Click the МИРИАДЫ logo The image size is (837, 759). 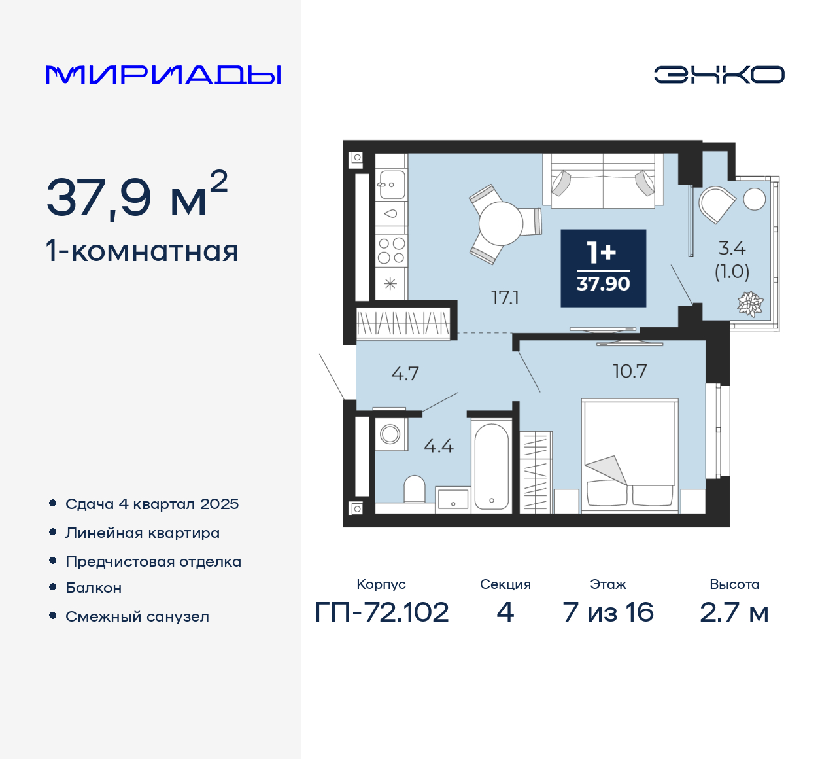point(163,75)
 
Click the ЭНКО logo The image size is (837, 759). point(719,75)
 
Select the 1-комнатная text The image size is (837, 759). point(142,251)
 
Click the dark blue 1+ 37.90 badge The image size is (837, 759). point(603,268)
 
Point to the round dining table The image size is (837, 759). point(501,224)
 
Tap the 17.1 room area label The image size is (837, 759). point(505,298)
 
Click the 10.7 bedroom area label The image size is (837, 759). point(630,372)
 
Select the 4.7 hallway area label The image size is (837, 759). point(405,374)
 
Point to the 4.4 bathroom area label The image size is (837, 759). point(438,446)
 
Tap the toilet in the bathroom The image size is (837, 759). point(415,489)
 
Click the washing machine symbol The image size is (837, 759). point(390,434)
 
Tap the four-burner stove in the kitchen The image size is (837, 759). point(391,251)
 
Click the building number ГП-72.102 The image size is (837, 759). point(382,612)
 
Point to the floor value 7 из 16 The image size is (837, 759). point(608,612)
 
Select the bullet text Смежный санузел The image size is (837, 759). point(137,616)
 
